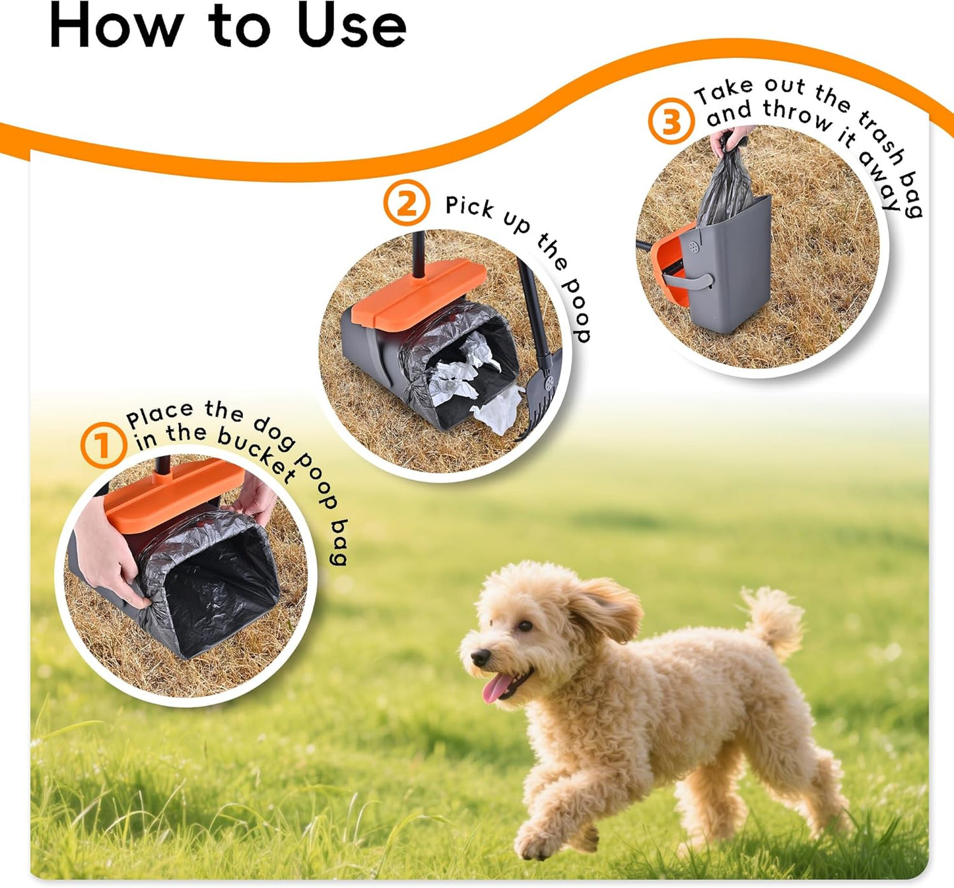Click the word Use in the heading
351,26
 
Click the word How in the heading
116,26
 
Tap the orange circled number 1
103,446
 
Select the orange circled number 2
406,204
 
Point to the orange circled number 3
671,121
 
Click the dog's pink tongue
495,689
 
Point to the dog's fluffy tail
773,619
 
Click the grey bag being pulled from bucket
726,188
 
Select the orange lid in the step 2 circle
419,294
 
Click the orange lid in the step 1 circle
172,495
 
